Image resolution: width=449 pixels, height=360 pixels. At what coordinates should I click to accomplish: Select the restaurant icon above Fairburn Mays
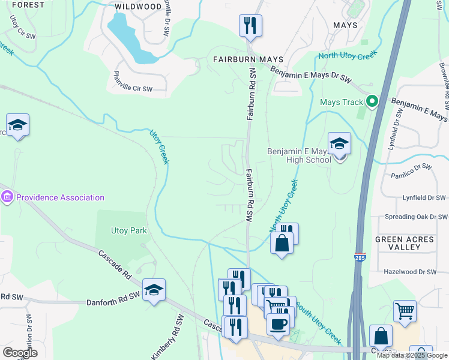249,26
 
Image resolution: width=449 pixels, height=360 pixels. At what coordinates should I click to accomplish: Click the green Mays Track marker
372,102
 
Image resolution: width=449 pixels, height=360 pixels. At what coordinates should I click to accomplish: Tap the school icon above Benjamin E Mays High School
339,144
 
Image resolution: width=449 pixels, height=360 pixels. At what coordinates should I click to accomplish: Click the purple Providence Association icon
7,197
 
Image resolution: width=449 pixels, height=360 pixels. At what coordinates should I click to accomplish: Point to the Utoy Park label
128,230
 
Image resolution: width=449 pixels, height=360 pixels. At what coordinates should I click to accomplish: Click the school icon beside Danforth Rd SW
154,290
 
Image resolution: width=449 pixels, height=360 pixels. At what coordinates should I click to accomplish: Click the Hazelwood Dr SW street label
414,272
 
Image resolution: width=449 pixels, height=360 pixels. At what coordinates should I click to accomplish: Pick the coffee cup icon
277,325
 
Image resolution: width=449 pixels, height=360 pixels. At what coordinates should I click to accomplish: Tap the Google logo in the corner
20,353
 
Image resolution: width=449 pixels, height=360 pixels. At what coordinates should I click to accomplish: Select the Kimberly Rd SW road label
165,342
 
